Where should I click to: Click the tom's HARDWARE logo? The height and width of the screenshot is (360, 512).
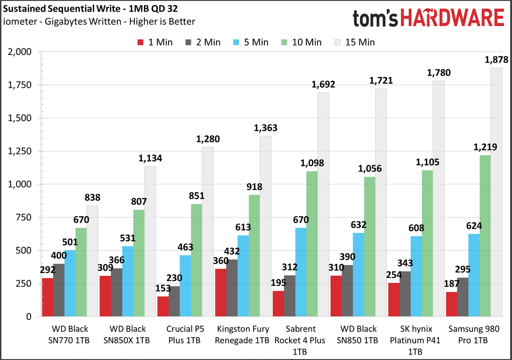(x=429, y=18)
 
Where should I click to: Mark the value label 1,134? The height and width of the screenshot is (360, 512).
(x=150, y=158)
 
